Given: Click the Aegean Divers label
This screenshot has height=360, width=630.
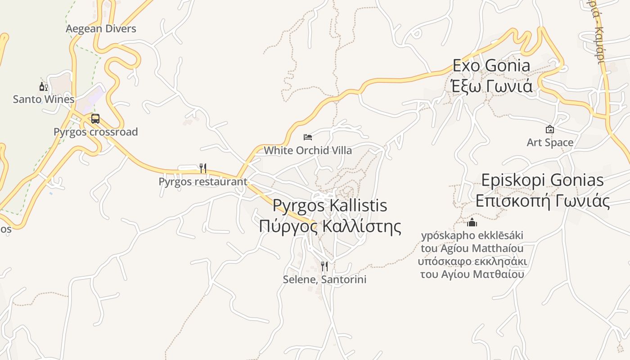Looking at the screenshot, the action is click(x=101, y=29).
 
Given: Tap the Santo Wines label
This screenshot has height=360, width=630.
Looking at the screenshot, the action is click(x=43, y=99).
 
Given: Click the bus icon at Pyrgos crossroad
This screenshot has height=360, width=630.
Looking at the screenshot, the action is click(x=95, y=119).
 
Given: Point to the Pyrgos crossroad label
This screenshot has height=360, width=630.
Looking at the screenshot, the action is click(x=95, y=132).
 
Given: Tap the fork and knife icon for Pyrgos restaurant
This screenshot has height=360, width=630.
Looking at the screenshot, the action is click(x=203, y=168).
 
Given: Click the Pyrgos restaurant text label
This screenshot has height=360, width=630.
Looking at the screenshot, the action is click(x=203, y=181).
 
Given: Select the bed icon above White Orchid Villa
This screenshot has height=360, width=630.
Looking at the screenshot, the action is click(x=308, y=137).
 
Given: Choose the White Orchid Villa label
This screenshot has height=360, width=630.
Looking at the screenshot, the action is click(x=308, y=150).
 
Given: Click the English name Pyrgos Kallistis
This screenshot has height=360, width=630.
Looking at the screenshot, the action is click(x=330, y=206).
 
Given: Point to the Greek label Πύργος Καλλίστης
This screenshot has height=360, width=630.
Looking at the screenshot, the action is click(x=330, y=226).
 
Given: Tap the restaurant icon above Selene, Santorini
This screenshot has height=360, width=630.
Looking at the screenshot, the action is click(x=324, y=266).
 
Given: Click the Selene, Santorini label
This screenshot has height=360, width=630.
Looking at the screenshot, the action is click(x=324, y=279).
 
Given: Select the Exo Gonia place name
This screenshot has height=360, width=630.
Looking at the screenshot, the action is click(x=491, y=66).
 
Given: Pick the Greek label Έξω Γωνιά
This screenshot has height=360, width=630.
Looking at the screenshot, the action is click(x=491, y=85).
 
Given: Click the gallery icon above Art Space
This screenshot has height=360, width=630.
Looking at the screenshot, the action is click(x=549, y=130).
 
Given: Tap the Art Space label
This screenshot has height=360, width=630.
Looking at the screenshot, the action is click(x=550, y=143).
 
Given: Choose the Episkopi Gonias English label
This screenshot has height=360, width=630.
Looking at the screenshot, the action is click(x=542, y=180).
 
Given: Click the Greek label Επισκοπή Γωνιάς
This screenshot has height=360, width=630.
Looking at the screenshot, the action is click(x=542, y=201).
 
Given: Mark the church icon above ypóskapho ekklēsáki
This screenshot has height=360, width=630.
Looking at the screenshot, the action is click(x=472, y=222).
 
